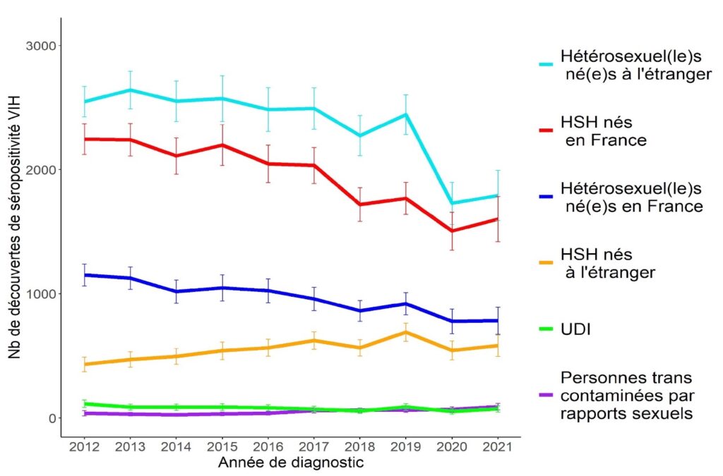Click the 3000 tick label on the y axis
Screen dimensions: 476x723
click(x=42, y=46)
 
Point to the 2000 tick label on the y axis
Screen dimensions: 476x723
click(x=42, y=170)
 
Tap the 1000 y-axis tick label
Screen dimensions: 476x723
click(x=42, y=294)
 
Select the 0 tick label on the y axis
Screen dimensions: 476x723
click(x=52, y=418)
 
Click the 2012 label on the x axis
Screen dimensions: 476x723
click(x=84, y=447)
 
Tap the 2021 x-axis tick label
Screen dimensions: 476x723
click(x=498, y=447)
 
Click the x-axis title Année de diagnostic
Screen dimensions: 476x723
click(x=290, y=463)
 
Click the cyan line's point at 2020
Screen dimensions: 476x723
click(x=452, y=203)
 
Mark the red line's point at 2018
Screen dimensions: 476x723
click(x=360, y=205)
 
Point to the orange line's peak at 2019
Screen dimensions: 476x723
click(x=406, y=332)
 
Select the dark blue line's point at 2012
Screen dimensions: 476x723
click(x=84, y=275)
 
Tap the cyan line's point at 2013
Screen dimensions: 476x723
click(x=130, y=90)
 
